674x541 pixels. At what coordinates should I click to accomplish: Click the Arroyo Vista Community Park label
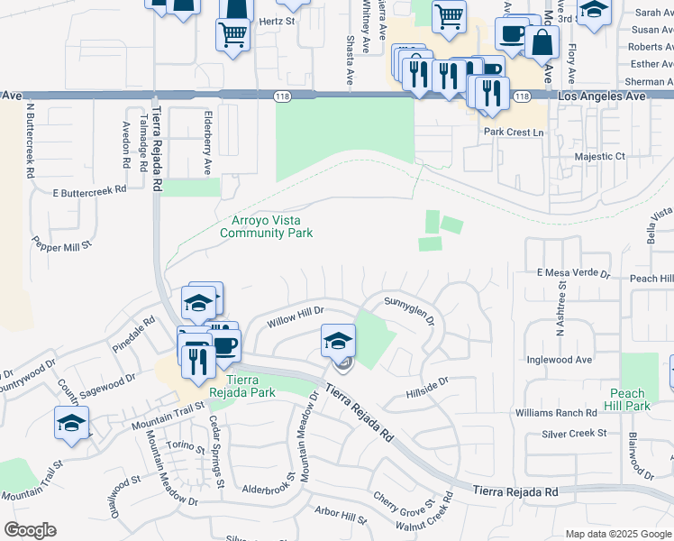click(x=267, y=226)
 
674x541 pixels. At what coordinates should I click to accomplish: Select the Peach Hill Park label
click(x=627, y=399)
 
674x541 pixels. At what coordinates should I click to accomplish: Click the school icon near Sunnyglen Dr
click(x=339, y=341)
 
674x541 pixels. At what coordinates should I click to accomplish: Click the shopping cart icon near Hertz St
click(x=232, y=34)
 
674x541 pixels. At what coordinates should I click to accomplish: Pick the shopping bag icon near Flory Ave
click(x=543, y=41)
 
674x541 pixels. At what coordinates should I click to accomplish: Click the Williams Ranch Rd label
click(x=556, y=413)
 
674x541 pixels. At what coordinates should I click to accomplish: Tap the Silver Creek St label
click(x=574, y=434)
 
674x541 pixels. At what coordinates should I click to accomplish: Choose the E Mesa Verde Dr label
click(x=574, y=272)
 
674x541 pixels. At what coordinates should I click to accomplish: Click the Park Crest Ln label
click(x=515, y=133)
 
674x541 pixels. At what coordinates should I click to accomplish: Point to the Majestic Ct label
click(x=600, y=156)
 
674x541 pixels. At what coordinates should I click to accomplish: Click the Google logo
click(x=30, y=530)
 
